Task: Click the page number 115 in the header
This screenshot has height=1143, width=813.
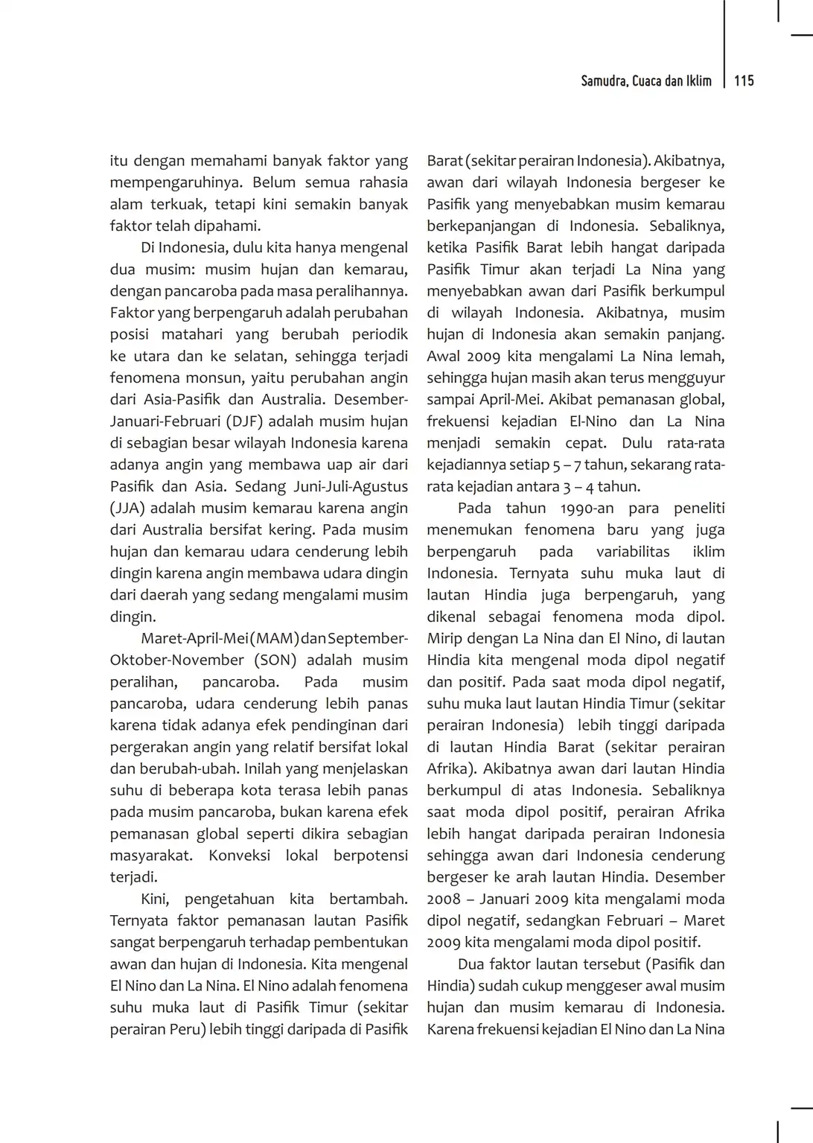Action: pyautogui.click(x=744, y=81)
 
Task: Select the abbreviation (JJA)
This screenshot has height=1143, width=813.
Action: pyautogui.click(x=127, y=509)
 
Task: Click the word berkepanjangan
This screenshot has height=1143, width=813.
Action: pyautogui.click(x=481, y=226)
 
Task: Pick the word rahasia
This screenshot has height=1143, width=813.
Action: pyautogui.click(x=383, y=183)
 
